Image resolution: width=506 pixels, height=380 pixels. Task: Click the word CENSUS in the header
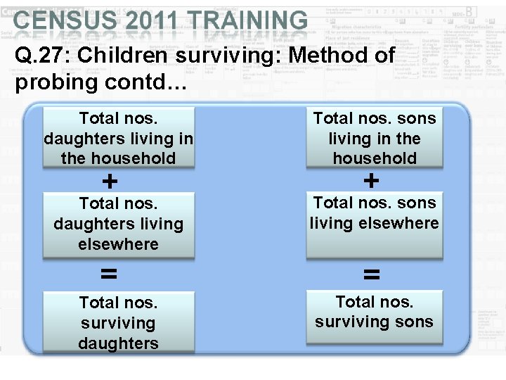[60, 20]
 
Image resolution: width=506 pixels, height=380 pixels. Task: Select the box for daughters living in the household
[118, 138]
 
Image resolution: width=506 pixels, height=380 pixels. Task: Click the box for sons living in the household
[374, 138]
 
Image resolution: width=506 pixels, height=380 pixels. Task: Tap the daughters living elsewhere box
[118, 224]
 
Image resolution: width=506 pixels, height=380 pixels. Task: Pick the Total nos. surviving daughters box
[118, 322]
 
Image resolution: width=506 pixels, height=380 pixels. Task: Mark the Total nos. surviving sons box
[374, 317]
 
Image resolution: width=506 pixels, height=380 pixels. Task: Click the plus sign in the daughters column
[110, 182]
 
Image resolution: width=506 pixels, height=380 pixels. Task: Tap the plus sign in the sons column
[371, 181]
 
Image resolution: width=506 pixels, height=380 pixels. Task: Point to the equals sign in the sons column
[371, 274]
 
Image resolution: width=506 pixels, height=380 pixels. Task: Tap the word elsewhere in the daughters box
[118, 244]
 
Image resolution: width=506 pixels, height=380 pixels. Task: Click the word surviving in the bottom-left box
[118, 323]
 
